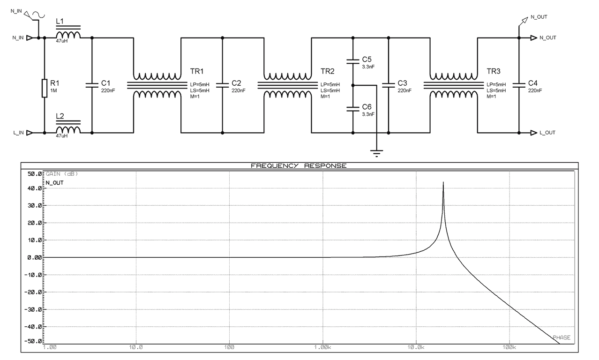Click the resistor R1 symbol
tap(45, 88)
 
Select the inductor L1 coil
tap(67, 35)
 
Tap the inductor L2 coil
tap(67, 130)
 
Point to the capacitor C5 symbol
tap(352, 60)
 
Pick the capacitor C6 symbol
tap(352, 109)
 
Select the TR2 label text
tap(328, 71)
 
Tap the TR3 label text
tap(494, 71)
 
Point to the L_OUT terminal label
tap(547, 133)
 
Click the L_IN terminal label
tap(18, 133)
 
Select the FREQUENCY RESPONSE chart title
tap(299, 166)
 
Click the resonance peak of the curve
tap(443, 183)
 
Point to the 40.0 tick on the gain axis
tap(35, 188)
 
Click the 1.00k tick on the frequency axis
tap(323, 347)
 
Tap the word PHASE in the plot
tap(561, 337)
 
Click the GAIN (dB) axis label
tap(62, 174)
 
